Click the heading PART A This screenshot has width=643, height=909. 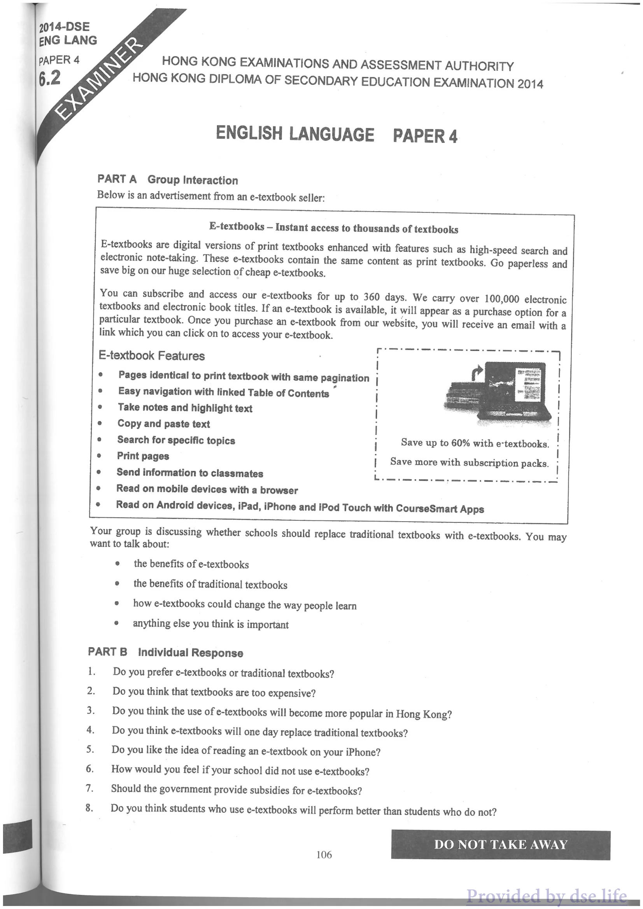tap(117, 179)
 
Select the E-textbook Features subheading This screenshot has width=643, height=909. tap(152, 356)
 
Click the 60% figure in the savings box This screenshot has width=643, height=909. tap(460, 443)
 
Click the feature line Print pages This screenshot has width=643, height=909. tap(143, 456)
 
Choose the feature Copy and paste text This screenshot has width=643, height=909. tap(163, 424)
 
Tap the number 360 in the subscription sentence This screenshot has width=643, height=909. tap(371, 296)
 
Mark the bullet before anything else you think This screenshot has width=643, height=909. tap(116, 623)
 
